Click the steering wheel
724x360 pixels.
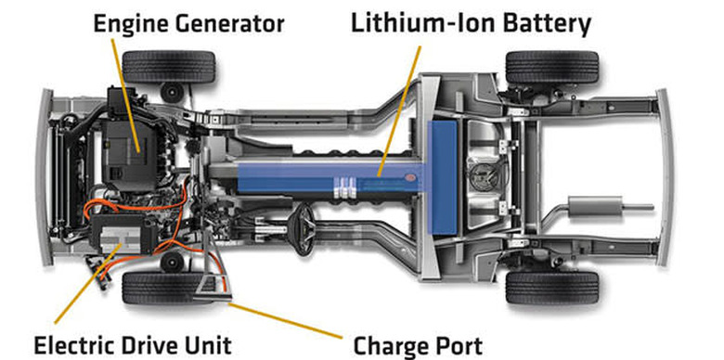click(303, 229)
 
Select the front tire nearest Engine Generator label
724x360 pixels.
click(169, 67)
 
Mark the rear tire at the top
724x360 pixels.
click(552, 67)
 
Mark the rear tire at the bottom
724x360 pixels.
click(552, 288)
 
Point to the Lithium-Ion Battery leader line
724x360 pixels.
click(399, 110)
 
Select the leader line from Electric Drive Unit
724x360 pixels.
click(88, 283)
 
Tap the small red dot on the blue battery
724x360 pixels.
click(409, 177)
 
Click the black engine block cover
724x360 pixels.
click(129, 155)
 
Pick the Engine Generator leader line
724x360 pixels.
click(125, 96)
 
